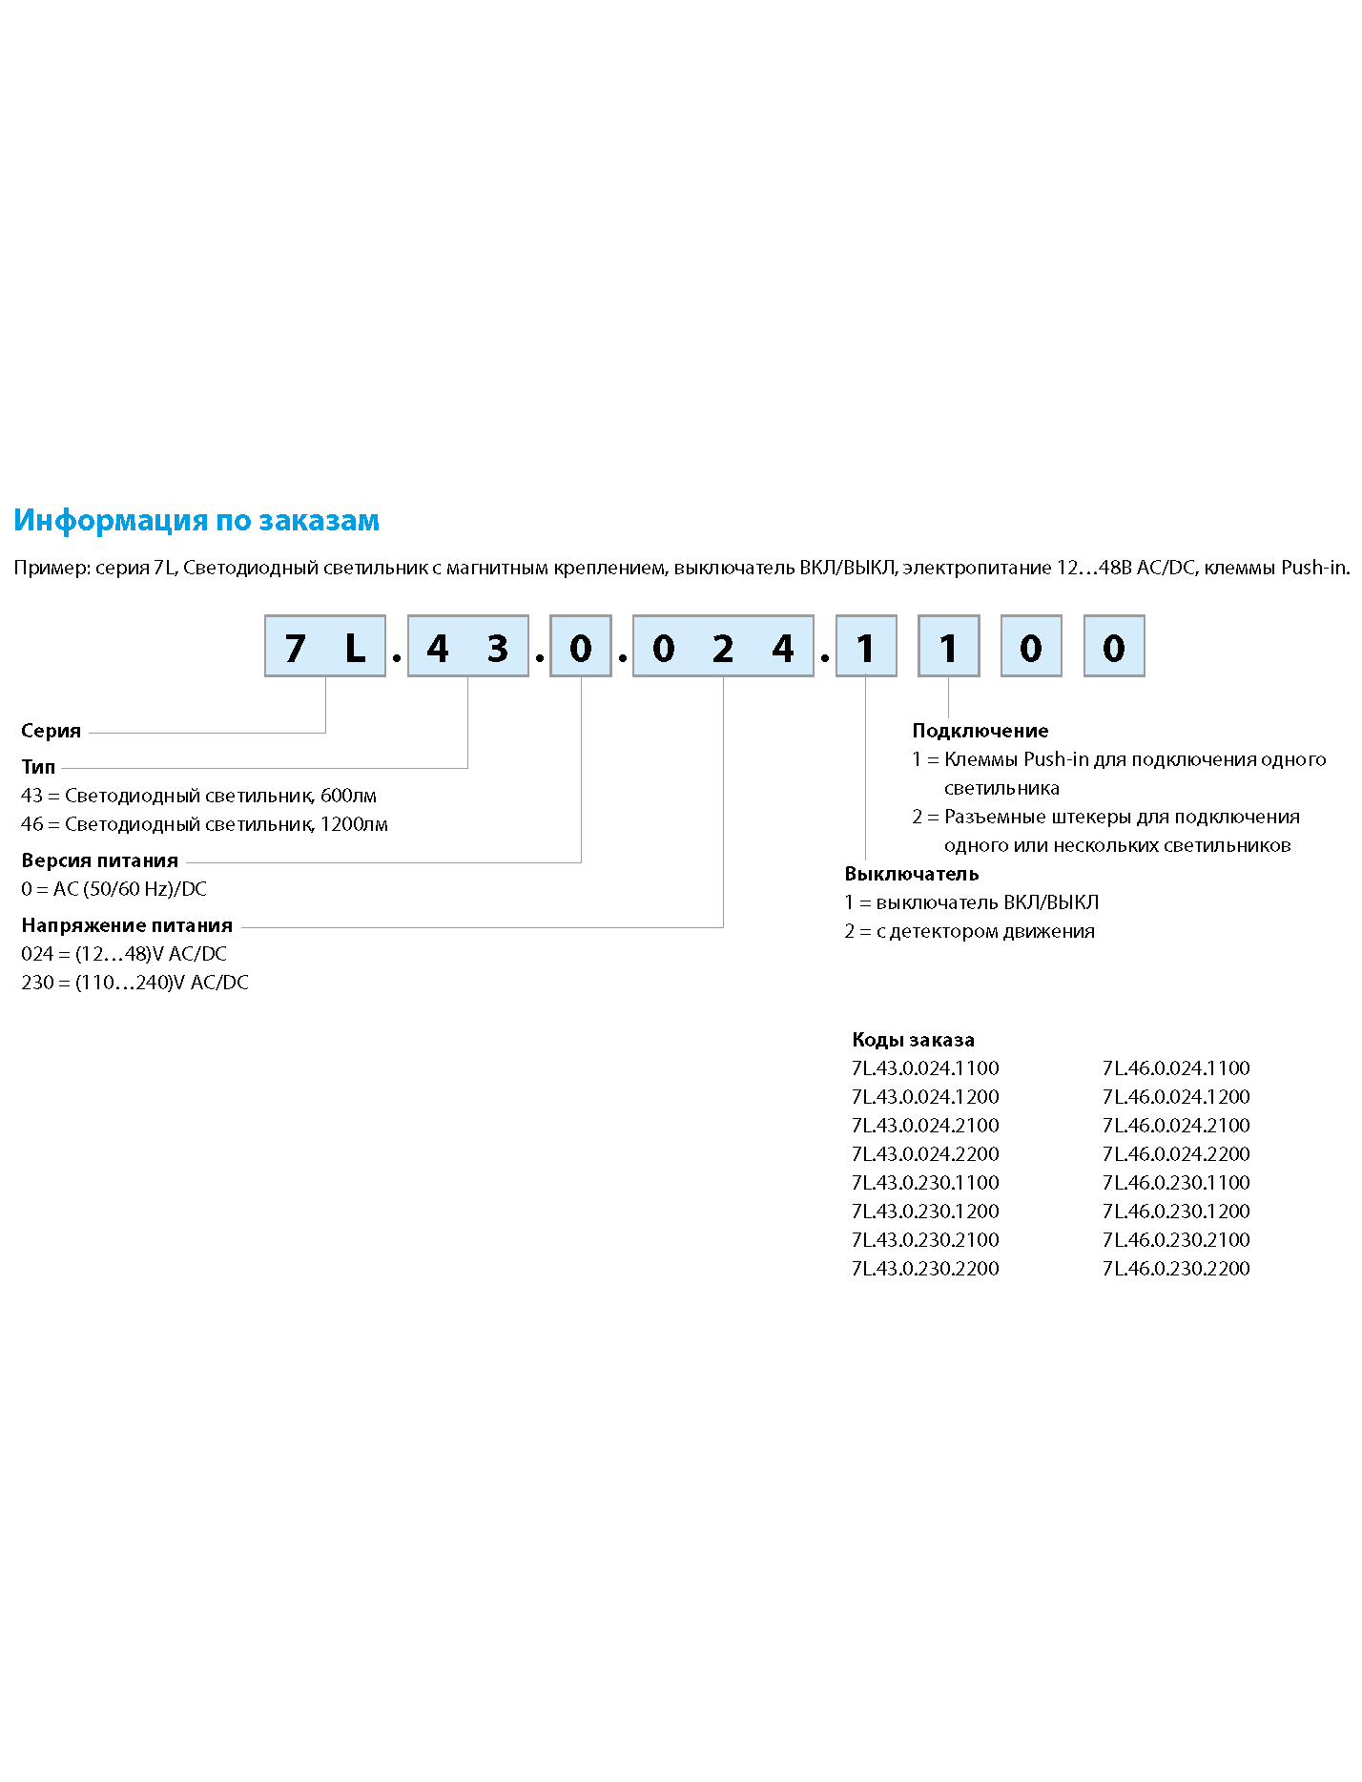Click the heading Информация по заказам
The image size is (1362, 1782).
196,520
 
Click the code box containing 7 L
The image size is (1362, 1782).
325,647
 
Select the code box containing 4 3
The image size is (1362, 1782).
467,647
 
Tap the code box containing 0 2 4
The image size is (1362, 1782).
723,647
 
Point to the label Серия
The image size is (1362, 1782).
51,732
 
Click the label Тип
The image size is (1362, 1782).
38,767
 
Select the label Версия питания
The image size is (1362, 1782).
99,860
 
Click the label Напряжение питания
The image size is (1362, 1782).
127,925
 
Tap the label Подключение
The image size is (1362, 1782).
980,731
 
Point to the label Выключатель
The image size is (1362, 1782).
911,874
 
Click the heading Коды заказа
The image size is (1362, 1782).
913,1040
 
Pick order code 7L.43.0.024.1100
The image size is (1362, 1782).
925,1068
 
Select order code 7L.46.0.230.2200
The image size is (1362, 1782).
1176,1269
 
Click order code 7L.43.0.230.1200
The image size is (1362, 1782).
925,1212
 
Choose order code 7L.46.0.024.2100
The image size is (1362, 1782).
1176,1126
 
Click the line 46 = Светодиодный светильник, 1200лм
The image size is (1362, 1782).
204,824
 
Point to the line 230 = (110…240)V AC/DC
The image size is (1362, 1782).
134,983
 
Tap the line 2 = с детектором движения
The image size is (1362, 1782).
969,931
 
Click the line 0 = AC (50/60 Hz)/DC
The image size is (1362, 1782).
113,889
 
